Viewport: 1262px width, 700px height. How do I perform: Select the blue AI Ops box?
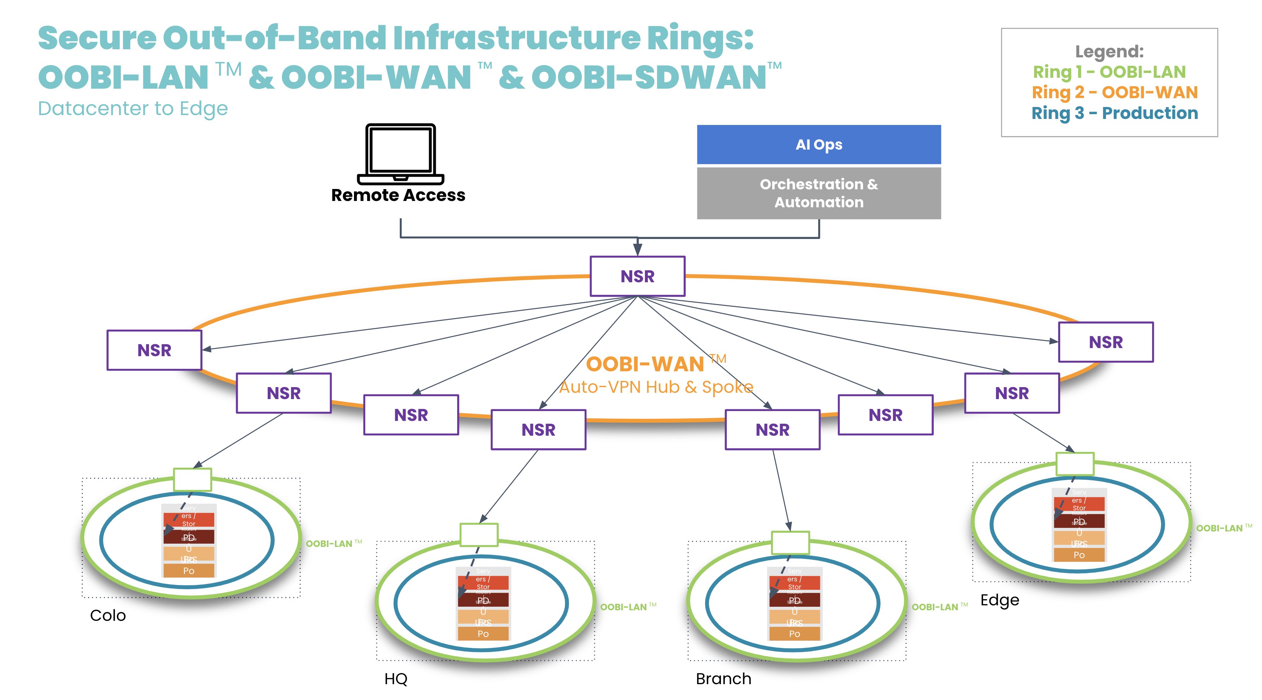(819, 144)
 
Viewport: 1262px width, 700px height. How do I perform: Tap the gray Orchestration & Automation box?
(819, 193)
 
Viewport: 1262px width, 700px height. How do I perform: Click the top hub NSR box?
(638, 276)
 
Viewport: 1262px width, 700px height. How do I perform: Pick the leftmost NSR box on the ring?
(154, 350)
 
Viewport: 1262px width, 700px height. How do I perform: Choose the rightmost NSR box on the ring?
(1106, 342)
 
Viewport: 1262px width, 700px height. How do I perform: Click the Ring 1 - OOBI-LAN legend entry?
(1109, 72)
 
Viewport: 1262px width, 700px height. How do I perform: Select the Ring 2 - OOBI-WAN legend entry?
(1114, 93)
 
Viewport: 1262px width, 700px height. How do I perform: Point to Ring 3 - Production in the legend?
(1114, 113)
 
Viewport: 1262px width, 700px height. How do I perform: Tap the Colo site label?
(108, 615)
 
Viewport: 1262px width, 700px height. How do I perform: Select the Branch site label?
(723, 679)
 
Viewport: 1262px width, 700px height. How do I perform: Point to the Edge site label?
(999, 600)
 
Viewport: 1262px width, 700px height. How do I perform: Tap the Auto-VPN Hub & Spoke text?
(656, 387)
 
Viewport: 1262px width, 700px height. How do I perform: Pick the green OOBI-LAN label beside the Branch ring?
(935, 607)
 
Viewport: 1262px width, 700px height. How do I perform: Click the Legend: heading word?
(1109, 51)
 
